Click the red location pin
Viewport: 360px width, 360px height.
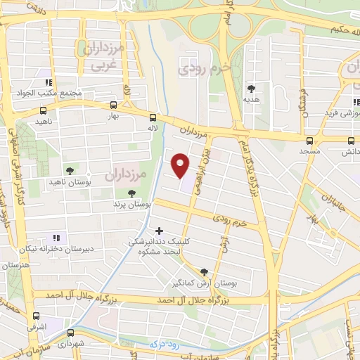point(181,165)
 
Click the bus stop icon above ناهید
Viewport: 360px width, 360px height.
point(44,110)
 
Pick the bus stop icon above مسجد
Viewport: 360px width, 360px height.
point(310,140)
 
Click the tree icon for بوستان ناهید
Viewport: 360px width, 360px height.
point(69,171)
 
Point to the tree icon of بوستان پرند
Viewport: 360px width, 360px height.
point(131,193)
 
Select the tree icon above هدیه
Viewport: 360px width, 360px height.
point(251,88)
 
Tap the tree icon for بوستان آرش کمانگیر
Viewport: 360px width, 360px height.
point(204,272)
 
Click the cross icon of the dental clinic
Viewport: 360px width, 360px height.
point(160,230)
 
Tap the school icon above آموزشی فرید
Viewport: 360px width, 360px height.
point(347,101)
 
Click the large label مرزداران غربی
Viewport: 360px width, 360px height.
point(106,56)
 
